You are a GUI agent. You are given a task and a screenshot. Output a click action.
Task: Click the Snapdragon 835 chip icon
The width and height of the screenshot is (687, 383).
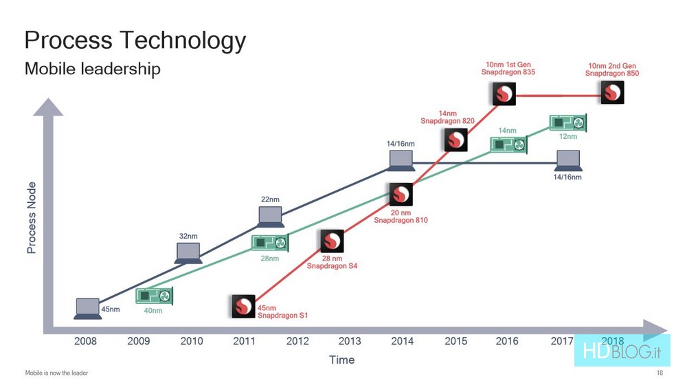click(x=504, y=94)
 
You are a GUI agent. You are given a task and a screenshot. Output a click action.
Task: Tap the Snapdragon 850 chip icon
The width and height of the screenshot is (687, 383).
click(x=612, y=93)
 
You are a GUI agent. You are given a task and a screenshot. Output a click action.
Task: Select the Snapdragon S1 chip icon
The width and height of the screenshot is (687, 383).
click(x=243, y=306)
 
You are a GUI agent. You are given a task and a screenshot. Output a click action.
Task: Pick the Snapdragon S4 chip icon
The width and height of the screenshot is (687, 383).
click(x=332, y=241)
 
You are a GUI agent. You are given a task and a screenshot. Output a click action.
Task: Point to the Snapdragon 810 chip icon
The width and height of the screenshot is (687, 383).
click(x=401, y=195)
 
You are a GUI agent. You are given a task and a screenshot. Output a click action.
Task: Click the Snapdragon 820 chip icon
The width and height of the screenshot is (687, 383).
click(x=455, y=140)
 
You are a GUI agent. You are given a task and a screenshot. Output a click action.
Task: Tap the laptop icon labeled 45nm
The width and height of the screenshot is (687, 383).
click(x=88, y=309)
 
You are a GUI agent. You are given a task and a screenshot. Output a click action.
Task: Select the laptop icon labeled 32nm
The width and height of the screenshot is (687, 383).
click(x=188, y=253)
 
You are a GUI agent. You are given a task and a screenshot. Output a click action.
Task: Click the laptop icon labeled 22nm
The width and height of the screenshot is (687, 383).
click(x=270, y=217)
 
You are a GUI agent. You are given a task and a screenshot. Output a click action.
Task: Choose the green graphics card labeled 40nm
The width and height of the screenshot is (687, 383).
click(x=154, y=296)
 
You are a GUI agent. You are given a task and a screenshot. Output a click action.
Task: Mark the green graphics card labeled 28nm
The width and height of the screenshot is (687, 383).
click(x=270, y=243)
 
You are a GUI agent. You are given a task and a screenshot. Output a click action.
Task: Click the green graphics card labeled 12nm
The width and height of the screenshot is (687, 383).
click(x=568, y=123)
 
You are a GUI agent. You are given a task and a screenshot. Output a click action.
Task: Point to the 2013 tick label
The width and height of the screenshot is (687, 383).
click(x=350, y=341)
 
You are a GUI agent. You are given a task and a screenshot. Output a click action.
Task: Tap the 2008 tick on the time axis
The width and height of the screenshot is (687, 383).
click(x=85, y=341)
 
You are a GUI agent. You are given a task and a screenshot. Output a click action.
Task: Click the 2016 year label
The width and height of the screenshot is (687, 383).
click(x=507, y=341)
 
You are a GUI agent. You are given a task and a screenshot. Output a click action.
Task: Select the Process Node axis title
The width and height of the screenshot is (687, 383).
click(x=31, y=217)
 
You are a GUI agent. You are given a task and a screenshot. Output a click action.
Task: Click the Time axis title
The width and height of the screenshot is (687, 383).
click(x=341, y=360)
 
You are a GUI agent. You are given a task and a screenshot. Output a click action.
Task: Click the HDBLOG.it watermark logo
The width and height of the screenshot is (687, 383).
click(x=622, y=351)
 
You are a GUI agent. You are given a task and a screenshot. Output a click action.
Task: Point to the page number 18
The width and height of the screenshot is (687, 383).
click(x=660, y=373)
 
